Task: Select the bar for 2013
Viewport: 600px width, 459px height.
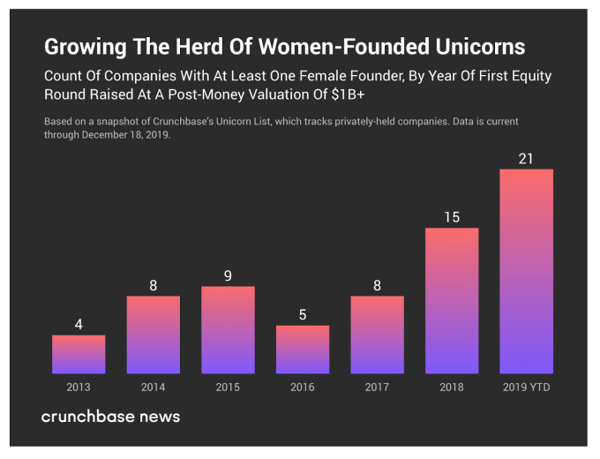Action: pyautogui.click(x=79, y=354)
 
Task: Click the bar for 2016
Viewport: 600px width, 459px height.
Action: pyautogui.click(x=303, y=350)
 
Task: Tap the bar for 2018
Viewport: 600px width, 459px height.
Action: pyautogui.click(x=452, y=300)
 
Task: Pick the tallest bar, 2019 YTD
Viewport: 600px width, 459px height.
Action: pyautogui.click(x=526, y=271)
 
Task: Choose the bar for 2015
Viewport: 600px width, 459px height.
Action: pyautogui.click(x=228, y=329)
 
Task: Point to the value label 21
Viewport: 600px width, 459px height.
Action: pyautogui.click(x=526, y=158)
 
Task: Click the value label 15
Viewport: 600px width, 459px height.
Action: pyautogui.click(x=452, y=217)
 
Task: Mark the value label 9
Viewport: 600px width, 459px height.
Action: pyautogui.click(x=228, y=275)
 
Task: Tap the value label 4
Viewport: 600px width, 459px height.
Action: pyautogui.click(x=79, y=324)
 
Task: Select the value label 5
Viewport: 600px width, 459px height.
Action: pyautogui.click(x=303, y=314)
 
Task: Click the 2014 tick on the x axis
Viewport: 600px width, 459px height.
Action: pyautogui.click(x=153, y=387)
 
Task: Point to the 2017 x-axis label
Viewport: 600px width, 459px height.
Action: pyautogui.click(x=377, y=387)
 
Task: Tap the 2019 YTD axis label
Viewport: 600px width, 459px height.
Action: pyautogui.click(x=526, y=387)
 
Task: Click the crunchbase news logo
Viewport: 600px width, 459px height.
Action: pyautogui.click(x=110, y=416)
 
